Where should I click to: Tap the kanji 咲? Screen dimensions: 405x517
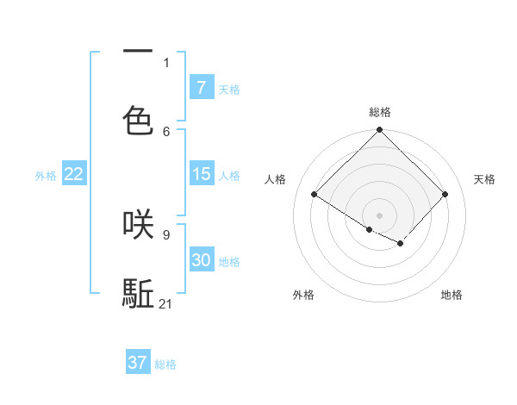pyautogui.click(x=138, y=224)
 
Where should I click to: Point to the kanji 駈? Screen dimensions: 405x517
pyautogui.click(x=138, y=293)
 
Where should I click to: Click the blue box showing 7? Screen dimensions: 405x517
pyautogui.click(x=201, y=87)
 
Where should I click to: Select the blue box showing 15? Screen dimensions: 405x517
pyautogui.click(x=201, y=174)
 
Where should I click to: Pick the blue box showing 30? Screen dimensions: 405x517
pyautogui.click(x=201, y=260)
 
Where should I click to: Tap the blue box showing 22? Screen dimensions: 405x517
pyautogui.click(x=74, y=174)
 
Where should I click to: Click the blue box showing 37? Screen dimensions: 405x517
pyautogui.click(x=138, y=363)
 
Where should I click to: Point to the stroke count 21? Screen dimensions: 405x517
pyautogui.click(x=167, y=303)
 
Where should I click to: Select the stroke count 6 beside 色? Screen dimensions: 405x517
pyautogui.click(x=166, y=131)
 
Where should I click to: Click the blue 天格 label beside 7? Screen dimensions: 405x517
pyautogui.click(x=229, y=89)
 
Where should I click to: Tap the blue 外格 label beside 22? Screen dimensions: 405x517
pyautogui.click(x=46, y=176)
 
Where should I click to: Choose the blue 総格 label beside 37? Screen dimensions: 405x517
pyautogui.click(x=165, y=364)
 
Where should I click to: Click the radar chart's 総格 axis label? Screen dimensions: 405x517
pyautogui.click(x=380, y=112)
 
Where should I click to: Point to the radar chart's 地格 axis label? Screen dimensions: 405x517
pyautogui.click(x=452, y=295)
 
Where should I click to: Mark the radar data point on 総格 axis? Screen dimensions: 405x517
pyautogui.click(x=380, y=131)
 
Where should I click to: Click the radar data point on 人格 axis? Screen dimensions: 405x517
pyautogui.click(x=315, y=195)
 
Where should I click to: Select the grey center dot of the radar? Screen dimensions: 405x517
pyautogui.click(x=380, y=215)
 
